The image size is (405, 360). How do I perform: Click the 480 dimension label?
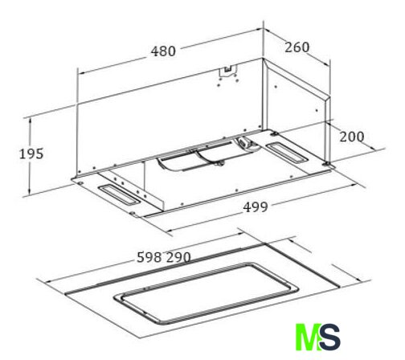tap(163, 51)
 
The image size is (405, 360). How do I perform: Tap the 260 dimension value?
tap(297, 47)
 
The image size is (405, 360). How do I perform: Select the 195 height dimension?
tap(31, 154)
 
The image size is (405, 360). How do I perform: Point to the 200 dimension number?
tap(352, 137)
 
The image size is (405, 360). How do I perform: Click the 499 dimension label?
tap(256, 207)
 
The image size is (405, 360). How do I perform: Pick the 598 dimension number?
tap(149, 257)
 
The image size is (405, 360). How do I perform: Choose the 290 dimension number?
tap(178, 257)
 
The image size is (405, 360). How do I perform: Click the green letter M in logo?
tap(308, 337)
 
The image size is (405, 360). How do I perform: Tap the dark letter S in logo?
tap(330, 337)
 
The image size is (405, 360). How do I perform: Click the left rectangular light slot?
tap(120, 195)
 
